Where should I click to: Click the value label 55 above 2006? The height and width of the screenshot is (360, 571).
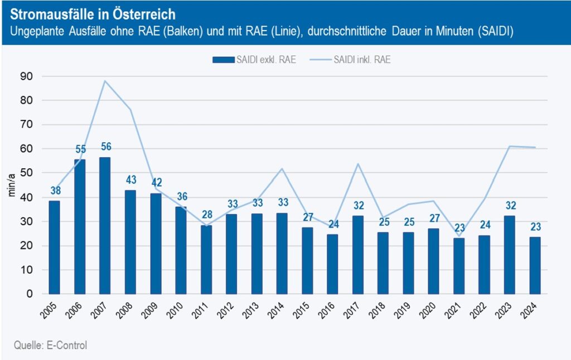pos(80,149)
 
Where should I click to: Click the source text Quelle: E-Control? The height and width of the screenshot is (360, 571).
pos(50,346)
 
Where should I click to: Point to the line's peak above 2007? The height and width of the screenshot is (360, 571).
pos(105,81)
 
